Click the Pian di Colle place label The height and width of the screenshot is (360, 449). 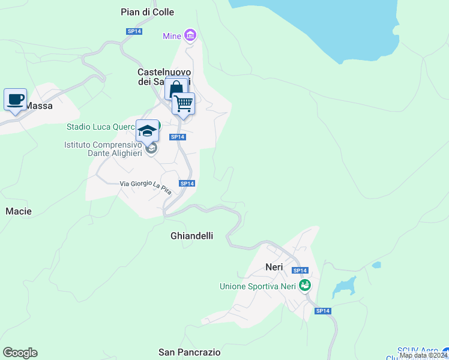(147, 12)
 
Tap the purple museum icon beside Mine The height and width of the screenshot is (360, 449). (190, 36)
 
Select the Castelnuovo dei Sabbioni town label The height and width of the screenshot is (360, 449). (164, 77)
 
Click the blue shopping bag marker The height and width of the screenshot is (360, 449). (176, 89)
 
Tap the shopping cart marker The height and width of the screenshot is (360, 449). (183, 103)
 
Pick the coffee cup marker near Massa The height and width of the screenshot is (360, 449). (15, 99)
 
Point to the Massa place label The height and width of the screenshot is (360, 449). (39, 106)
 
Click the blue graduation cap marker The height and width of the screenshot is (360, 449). (147, 130)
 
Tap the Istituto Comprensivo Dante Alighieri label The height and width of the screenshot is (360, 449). (103, 149)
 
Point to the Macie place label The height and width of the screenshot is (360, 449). (18, 211)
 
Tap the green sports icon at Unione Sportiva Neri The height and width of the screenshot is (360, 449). (305, 286)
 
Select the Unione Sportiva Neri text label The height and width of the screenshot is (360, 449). (258, 286)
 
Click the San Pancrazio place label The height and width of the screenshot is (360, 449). (189, 352)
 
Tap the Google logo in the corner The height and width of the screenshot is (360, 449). (20, 353)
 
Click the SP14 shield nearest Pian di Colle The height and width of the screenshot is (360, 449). (134, 31)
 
